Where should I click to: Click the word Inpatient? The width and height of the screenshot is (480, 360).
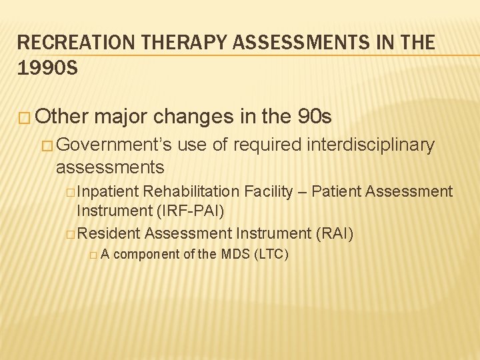tap(109, 192)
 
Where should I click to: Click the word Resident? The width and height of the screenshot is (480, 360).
tap(109, 233)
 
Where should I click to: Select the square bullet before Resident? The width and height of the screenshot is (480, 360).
tap(71, 234)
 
